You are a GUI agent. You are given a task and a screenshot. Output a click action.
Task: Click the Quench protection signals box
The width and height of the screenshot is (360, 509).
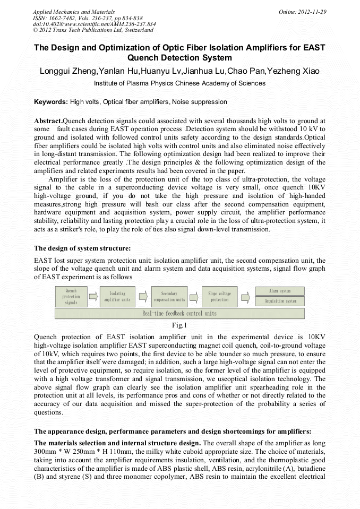[71, 297]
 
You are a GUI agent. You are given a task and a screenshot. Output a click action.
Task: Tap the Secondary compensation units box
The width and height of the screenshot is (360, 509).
[169, 297]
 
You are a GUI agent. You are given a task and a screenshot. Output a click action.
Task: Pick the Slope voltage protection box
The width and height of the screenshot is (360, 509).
[219, 297]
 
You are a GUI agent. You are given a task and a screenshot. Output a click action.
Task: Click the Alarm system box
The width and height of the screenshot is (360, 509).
[280, 291]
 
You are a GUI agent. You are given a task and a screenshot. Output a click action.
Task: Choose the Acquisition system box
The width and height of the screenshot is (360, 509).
[280, 301]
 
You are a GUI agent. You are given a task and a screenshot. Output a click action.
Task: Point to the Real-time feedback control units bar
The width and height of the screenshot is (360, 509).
[179, 314]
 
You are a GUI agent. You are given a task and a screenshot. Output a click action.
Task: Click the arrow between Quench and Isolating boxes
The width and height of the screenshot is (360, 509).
[93, 297]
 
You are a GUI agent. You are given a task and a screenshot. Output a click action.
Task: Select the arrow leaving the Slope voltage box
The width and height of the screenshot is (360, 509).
[245, 297]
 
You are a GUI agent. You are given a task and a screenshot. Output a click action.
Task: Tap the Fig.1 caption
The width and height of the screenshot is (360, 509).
[180, 325]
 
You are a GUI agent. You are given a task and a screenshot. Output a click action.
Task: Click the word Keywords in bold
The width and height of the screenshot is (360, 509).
[51, 102]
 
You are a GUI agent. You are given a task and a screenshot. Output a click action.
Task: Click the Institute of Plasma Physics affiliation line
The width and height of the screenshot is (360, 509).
[179, 83]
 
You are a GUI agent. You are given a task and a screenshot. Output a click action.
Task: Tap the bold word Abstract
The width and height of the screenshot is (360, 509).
[48, 121]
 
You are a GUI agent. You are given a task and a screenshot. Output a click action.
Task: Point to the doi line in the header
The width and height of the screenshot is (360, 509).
[94, 24]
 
